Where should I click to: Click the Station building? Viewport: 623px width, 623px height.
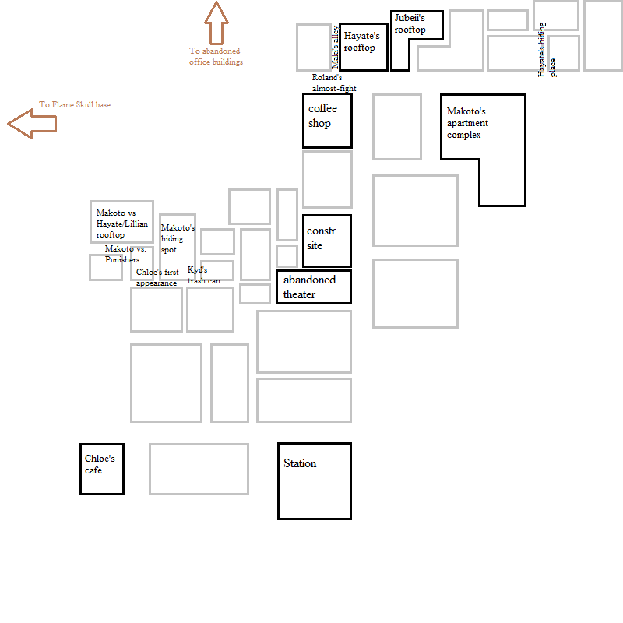coord(315,480)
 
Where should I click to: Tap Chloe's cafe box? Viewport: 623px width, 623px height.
coord(102,469)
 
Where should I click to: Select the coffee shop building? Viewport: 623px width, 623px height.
coord(327,121)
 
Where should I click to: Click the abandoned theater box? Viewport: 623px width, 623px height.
coord(314,287)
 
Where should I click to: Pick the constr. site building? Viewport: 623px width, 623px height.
coord(327,241)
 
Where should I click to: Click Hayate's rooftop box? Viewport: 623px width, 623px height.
coord(363,47)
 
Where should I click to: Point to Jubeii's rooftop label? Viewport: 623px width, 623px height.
coord(410,24)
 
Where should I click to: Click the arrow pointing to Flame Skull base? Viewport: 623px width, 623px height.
coord(32,123)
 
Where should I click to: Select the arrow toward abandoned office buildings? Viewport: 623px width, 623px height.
coord(216,23)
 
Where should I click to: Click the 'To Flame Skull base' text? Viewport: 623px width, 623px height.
coord(75,104)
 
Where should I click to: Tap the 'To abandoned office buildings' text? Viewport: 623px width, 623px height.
coord(216,56)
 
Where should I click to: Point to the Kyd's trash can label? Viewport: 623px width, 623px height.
coord(203,275)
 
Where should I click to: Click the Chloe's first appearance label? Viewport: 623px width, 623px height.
coord(157,278)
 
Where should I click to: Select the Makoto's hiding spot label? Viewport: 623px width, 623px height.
coord(178,238)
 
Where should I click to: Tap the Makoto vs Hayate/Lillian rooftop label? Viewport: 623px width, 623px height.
coord(121,224)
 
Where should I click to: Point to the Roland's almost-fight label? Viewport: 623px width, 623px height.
coord(333,83)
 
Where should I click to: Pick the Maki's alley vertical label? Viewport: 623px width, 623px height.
coord(336,47)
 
